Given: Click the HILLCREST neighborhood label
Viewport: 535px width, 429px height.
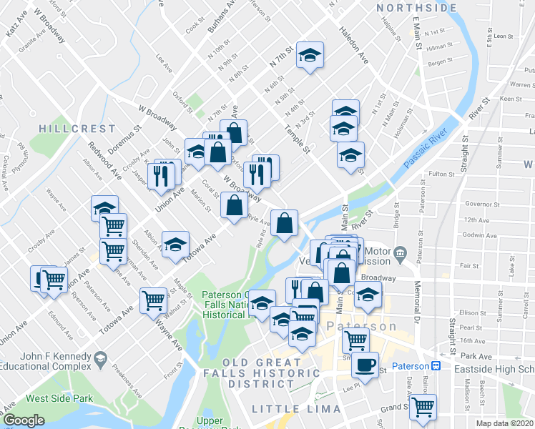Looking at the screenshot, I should click(x=77, y=129).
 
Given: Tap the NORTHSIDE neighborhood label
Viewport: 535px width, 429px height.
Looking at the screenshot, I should click(x=416, y=8).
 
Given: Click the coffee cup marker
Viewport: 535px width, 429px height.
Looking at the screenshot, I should click(x=365, y=365).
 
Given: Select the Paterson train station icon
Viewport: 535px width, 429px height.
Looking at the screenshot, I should click(x=435, y=366).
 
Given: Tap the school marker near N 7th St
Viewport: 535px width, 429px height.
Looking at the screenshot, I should click(x=310, y=55).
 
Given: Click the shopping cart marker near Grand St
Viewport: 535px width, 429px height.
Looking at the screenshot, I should click(x=423, y=406).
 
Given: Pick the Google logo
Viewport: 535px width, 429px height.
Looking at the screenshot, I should click(x=24, y=420).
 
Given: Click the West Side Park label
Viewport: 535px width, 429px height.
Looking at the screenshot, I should click(x=60, y=398).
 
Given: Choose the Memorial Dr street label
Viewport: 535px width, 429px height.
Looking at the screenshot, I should click(x=417, y=300).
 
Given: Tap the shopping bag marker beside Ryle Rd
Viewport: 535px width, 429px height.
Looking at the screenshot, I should click(x=284, y=222).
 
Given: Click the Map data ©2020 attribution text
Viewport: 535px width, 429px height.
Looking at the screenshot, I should click(x=505, y=423).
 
